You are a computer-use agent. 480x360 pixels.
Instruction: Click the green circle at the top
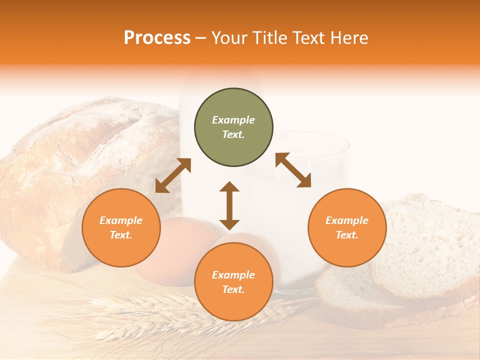(x=233, y=127)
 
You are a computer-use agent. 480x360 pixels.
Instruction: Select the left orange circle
(x=121, y=227)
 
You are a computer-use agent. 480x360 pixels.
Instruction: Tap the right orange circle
(x=347, y=227)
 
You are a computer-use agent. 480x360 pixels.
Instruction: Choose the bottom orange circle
(x=233, y=282)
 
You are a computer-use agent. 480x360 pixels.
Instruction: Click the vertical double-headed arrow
(x=229, y=205)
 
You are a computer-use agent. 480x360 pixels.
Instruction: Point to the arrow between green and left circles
(x=173, y=175)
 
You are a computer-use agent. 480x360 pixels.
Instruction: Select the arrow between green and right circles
(x=293, y=170)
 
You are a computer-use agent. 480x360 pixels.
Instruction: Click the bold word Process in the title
(x=157, y=37)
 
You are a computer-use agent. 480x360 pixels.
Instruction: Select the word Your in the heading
(x=230, y=37)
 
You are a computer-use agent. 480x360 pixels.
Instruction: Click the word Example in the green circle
(x=233, y=120)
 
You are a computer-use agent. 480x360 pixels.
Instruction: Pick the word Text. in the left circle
(x=121, y=235)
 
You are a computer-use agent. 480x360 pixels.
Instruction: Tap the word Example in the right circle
(x=347, y=220)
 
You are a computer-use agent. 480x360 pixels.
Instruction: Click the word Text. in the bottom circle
(x=233, y=289)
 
